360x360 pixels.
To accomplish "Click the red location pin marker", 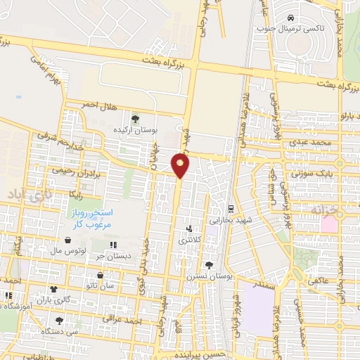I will coord(181,165).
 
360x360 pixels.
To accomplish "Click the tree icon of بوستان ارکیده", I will coord(135,119).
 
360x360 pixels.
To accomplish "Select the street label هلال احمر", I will coord(97,105).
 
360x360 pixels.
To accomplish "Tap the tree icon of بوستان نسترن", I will coord(209,265).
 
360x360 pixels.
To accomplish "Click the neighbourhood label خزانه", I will coord(324,210).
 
